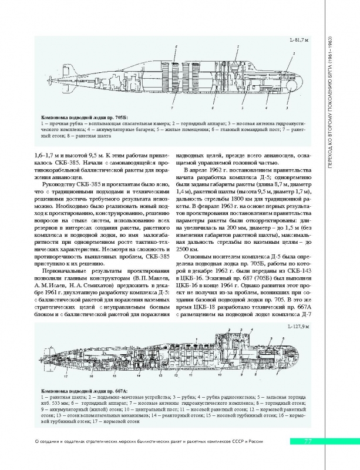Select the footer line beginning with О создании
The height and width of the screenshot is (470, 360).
tap(147, 442)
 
